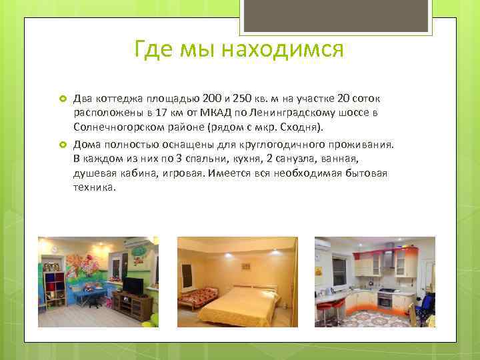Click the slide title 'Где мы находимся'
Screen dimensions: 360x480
point(239,49)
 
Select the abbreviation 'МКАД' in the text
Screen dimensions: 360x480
point(215,113)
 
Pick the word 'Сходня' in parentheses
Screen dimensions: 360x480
point(299,126)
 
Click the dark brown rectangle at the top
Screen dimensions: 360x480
point(336,15)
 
